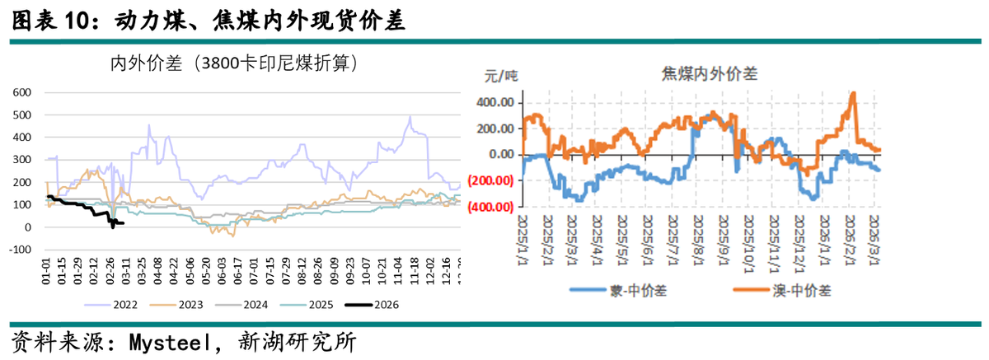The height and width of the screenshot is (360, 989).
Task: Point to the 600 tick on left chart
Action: point(21,92)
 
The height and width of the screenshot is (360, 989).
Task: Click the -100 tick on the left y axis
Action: point(20,250)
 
